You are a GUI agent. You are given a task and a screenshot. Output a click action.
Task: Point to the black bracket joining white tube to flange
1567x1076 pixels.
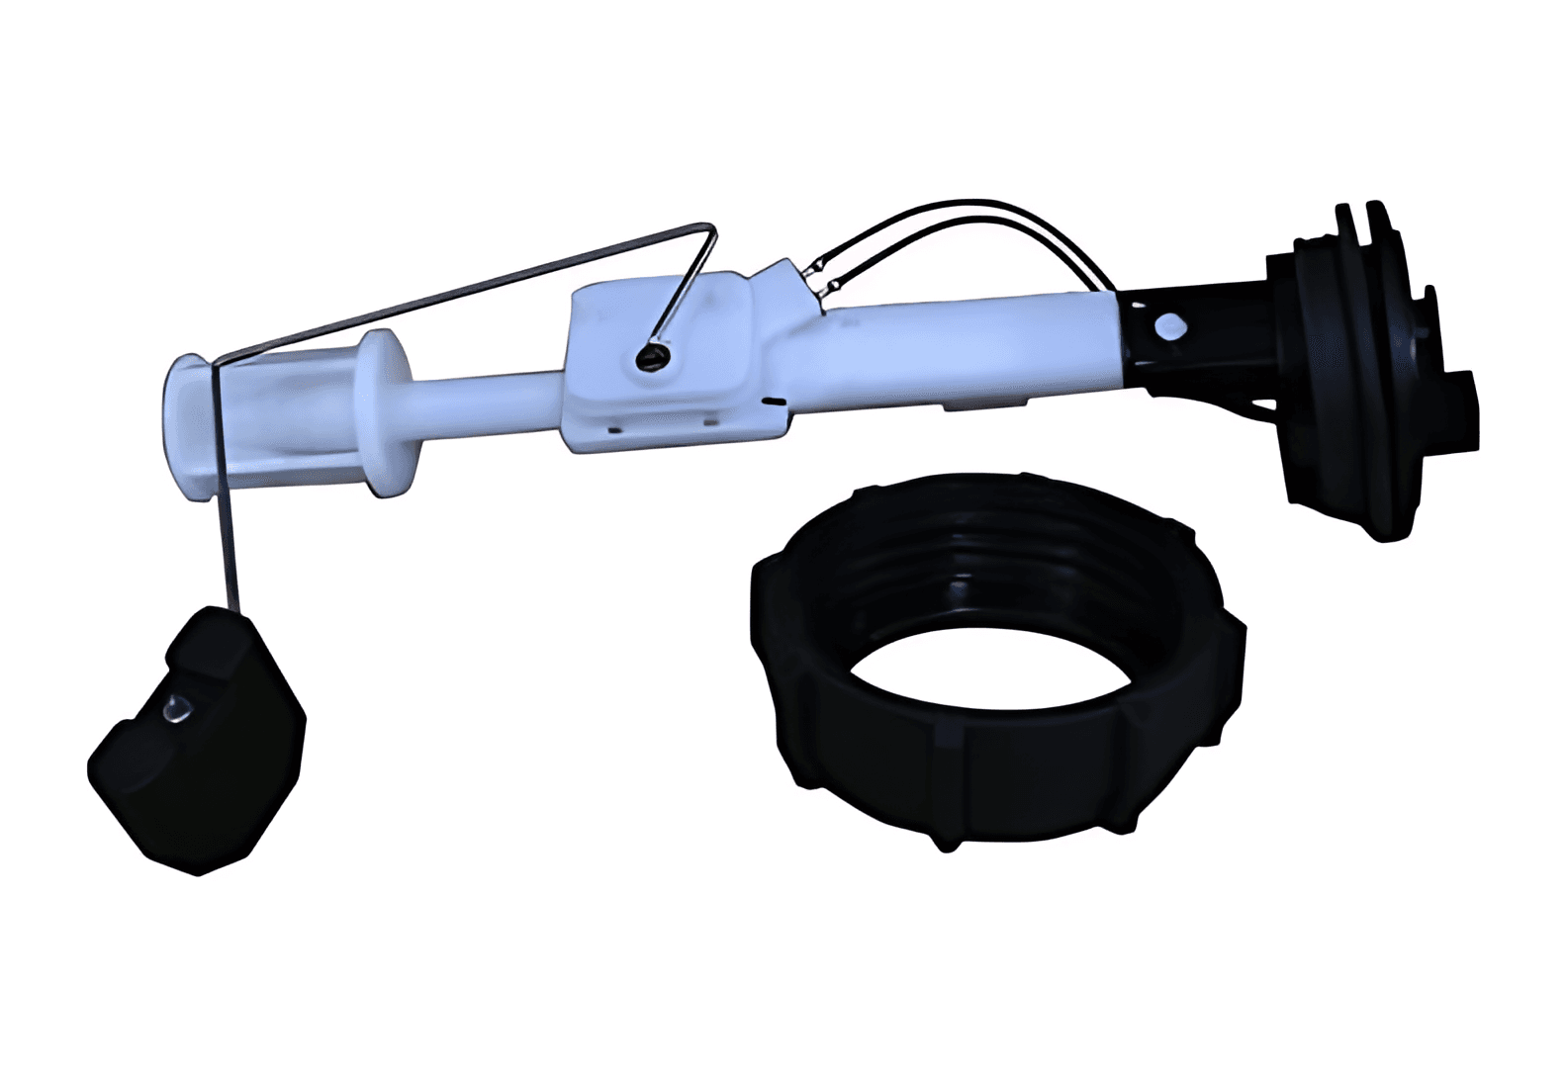pyautogui.click(x=1187, y=336)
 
